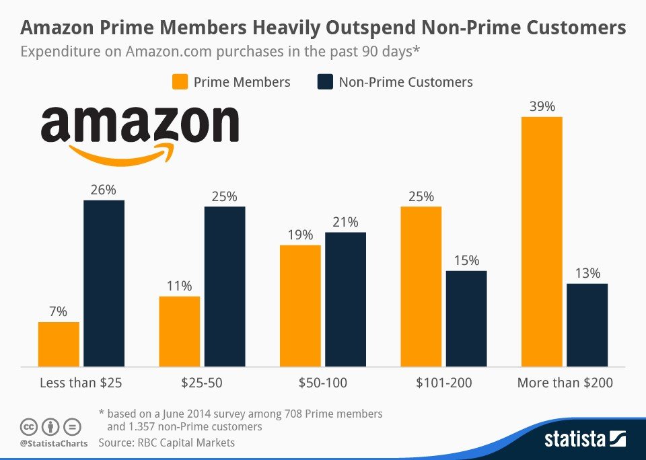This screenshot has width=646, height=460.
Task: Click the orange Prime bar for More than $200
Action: point(542,242)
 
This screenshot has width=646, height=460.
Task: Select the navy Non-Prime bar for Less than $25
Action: point(104,283)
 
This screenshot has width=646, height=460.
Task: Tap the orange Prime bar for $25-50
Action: point(180,332)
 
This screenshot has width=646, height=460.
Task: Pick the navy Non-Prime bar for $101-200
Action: point(466,319)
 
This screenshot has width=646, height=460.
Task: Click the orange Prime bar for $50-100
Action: point(300,306)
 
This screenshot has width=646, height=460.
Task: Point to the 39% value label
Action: point(542,107)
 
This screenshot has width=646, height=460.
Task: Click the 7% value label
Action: point(59,312)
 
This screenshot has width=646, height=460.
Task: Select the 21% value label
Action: point(345,223)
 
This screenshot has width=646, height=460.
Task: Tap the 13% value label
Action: point(587,274)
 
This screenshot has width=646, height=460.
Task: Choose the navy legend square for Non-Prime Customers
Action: point(324,82)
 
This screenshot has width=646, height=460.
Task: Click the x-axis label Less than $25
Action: point(81,383)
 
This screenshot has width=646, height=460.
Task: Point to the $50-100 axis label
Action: point(323,383)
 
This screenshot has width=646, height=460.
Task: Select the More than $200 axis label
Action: point(565,383)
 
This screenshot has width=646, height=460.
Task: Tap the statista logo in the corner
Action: point(585,440)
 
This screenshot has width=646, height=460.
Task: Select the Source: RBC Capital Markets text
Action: point(167,443)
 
